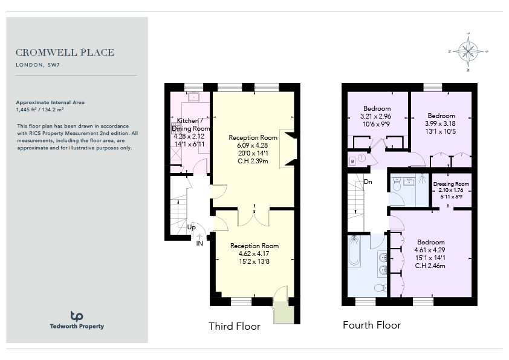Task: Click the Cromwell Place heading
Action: tap(65, 52)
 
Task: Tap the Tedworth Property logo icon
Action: tap(77, 316)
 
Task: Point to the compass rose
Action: tap(468, 51)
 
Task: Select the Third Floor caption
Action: tap(235, 326)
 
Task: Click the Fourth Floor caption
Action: tap(372, 325)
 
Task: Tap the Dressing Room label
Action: tap(451, 184)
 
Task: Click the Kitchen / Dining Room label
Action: tap(190, 125)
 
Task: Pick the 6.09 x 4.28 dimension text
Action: tap(253, 145)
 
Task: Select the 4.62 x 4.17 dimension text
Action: tap(254, 254)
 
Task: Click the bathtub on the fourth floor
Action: tap(354, 251)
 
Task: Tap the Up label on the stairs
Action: tap(192, 227)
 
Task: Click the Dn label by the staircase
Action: tap(368, 182)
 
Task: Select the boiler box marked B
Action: tap(352, 161)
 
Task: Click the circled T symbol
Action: tap(362, 159)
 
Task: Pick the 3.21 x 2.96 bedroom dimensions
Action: tap(375, 116)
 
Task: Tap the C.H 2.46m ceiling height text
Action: tap(430, 266)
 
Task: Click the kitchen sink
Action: tap(194, 97)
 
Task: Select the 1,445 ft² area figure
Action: tap(26, 110)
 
